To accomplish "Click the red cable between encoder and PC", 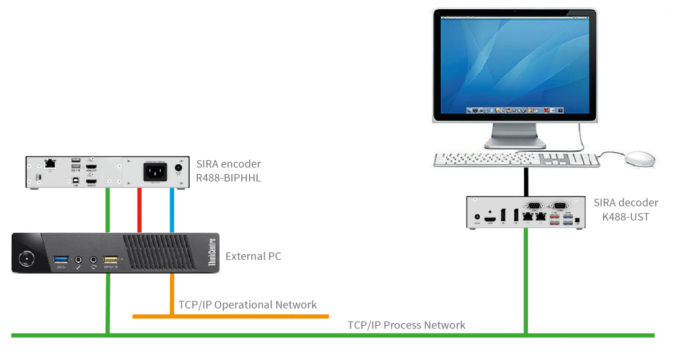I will tap(139, 210).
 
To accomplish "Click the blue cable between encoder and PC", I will tap(171, 210).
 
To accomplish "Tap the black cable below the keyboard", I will tap(527, 181).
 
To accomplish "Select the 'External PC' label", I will tap(253, 256).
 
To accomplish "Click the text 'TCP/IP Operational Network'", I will tap(248, 305).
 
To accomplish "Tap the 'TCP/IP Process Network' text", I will tap(407, 324).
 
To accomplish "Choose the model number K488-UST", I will tap(622, 216).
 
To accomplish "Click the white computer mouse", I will tap(639, 158).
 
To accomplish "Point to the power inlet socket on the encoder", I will tap(156, 171).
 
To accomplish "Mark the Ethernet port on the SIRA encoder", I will tap(49, 163).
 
